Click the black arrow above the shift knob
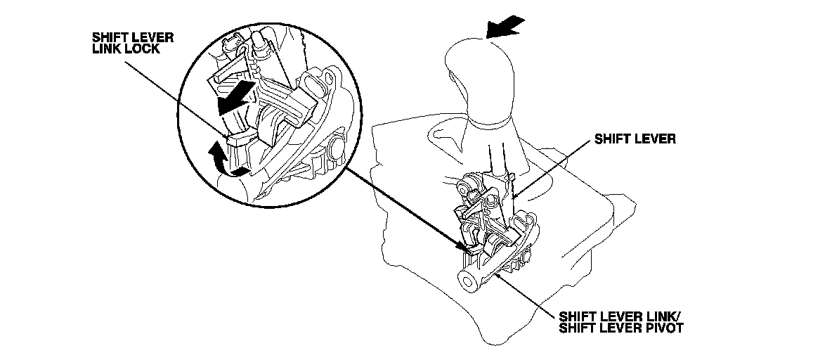pos(505,27)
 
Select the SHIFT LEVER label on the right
pos(635,140)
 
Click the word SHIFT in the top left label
pos(108,38)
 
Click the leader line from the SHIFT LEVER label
pos(551,171)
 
